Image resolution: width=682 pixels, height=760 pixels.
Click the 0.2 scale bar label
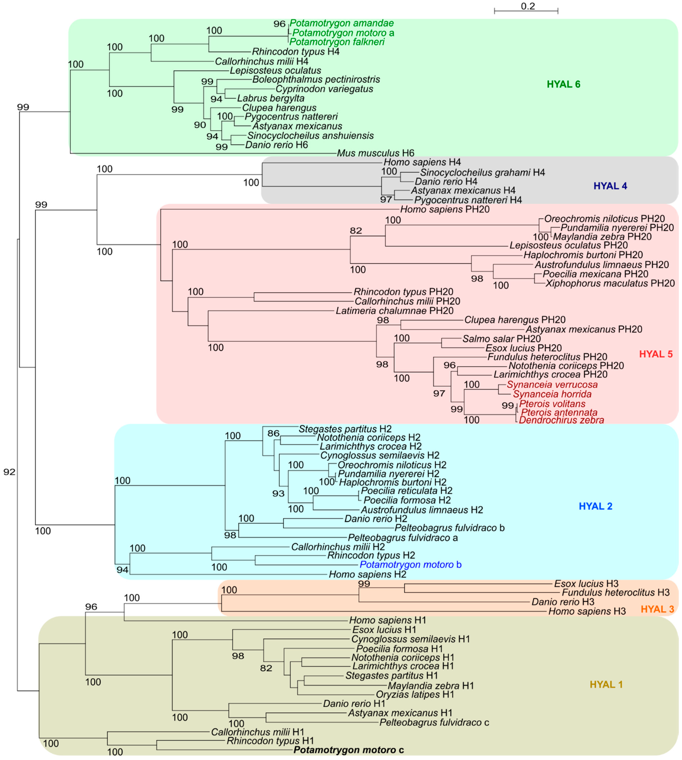(x=528, y=6)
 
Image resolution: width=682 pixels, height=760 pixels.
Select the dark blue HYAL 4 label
(x=610, y=186)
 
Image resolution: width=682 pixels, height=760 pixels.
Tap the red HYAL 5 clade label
(x=656, y=354)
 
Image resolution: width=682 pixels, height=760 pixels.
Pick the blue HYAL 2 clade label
(x=595, y=506)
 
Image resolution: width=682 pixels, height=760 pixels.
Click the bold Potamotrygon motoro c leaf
(x=348, y=750)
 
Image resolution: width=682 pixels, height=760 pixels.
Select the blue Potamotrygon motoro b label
(x=410, y=565)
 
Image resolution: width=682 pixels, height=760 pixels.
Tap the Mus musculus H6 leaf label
(x=375, y=153)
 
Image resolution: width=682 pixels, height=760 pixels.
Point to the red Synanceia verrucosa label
(x=552, y=385)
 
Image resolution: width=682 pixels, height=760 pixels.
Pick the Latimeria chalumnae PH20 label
(x=394, y=311)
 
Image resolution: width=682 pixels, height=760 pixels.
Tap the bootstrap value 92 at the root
(x=9, y=472)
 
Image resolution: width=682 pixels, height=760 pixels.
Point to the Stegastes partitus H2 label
(x=345, y=429)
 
